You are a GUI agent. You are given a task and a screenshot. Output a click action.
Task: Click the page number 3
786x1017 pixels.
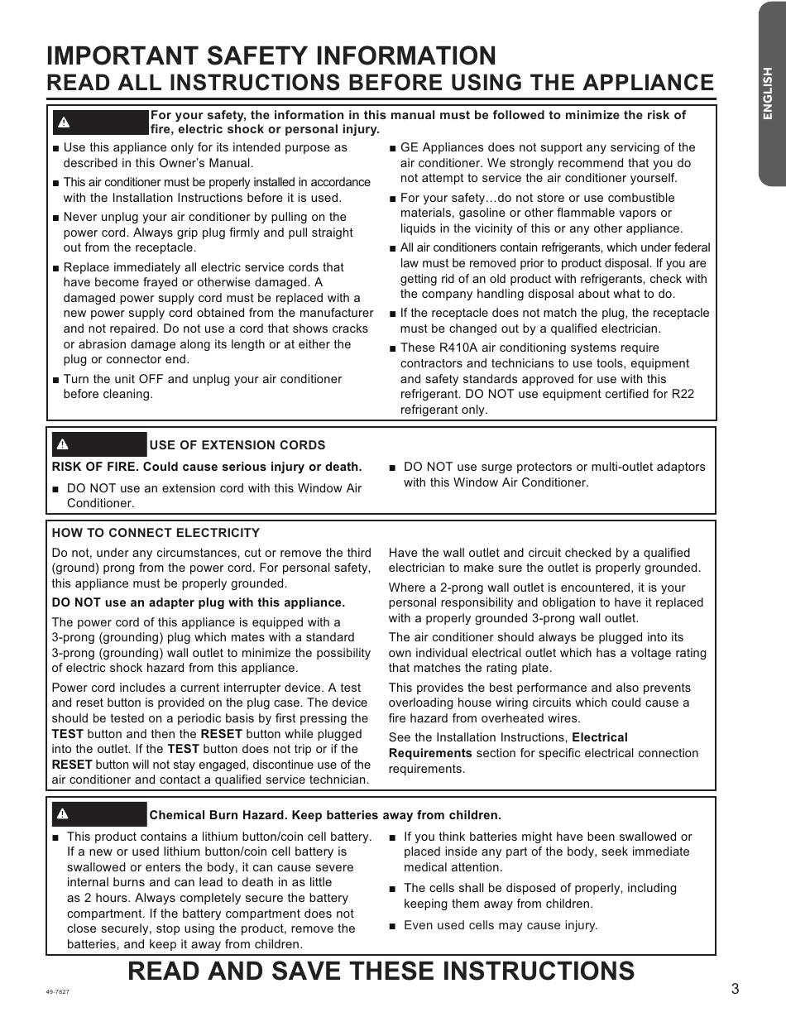735,989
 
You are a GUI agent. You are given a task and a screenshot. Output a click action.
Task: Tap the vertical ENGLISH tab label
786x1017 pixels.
768,94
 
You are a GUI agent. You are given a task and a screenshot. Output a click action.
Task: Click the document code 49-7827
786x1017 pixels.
58,991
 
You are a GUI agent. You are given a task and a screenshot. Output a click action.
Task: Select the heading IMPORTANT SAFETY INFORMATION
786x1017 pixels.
271,55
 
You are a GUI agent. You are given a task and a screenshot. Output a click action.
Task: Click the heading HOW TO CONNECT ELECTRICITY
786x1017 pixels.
156,533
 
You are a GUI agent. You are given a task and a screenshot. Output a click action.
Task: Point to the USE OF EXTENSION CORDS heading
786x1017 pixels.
237,445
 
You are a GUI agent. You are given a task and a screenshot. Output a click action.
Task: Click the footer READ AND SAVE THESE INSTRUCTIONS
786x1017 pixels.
381,971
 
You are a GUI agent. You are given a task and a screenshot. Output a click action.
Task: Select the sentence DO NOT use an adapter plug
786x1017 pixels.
199,602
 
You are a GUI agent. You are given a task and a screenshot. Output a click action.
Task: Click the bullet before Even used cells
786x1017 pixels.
393,926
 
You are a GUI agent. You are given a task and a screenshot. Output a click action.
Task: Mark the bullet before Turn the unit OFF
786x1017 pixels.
55,380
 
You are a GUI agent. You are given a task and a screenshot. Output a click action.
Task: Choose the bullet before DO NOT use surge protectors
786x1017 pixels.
393,468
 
